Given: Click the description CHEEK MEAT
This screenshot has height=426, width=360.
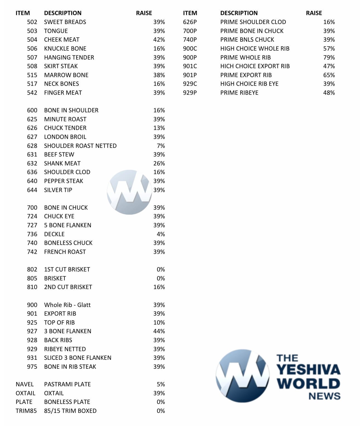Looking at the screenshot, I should coord(62,40).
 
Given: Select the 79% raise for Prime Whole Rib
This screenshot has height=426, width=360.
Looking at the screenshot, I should coord(329,57).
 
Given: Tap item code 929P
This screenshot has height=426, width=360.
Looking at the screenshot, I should coord(190,93).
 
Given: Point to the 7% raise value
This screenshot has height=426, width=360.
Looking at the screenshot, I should coord(161,146).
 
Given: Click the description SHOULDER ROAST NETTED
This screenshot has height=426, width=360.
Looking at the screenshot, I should coord(80,146).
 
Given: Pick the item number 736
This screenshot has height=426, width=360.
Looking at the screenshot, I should coord(32,234).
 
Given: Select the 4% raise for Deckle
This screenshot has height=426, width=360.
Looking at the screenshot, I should coord(161,234).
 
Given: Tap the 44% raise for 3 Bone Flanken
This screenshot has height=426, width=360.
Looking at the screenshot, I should coord(159,331).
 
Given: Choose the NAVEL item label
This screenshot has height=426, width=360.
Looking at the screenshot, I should coord(25,384).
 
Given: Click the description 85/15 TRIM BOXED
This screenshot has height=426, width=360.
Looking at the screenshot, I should coord(70,411).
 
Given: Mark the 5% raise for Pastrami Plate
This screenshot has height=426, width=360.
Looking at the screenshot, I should coord(161,384).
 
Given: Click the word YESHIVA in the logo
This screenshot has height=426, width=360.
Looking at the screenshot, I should coord(308,370).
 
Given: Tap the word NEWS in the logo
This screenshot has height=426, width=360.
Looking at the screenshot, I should coord(324,396).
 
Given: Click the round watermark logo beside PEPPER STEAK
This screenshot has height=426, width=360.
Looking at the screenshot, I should coord(129,192).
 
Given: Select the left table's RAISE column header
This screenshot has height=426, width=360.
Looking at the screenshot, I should coord(144,13).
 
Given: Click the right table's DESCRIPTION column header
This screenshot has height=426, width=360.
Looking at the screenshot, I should coord(239,13).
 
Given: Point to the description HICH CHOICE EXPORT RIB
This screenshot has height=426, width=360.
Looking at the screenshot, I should coord(255,66).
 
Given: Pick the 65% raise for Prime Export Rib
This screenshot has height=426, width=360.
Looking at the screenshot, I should coord(329,75).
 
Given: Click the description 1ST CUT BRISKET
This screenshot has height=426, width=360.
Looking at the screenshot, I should coord(67,270).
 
